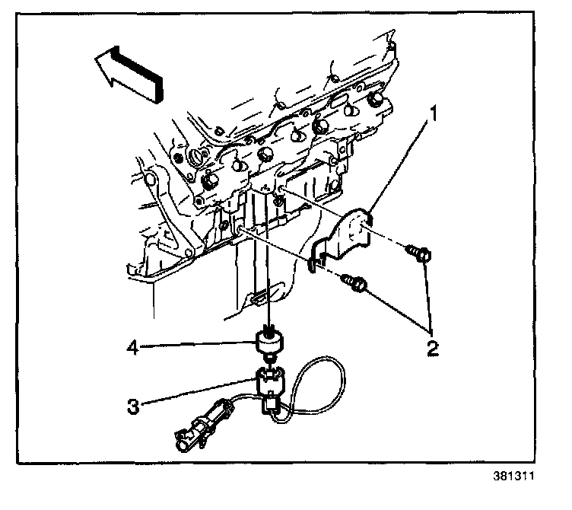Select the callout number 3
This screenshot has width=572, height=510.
tap(134, 406)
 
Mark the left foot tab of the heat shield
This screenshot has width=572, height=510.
tap(311, 264)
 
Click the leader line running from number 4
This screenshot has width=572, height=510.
tap(198, 348)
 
